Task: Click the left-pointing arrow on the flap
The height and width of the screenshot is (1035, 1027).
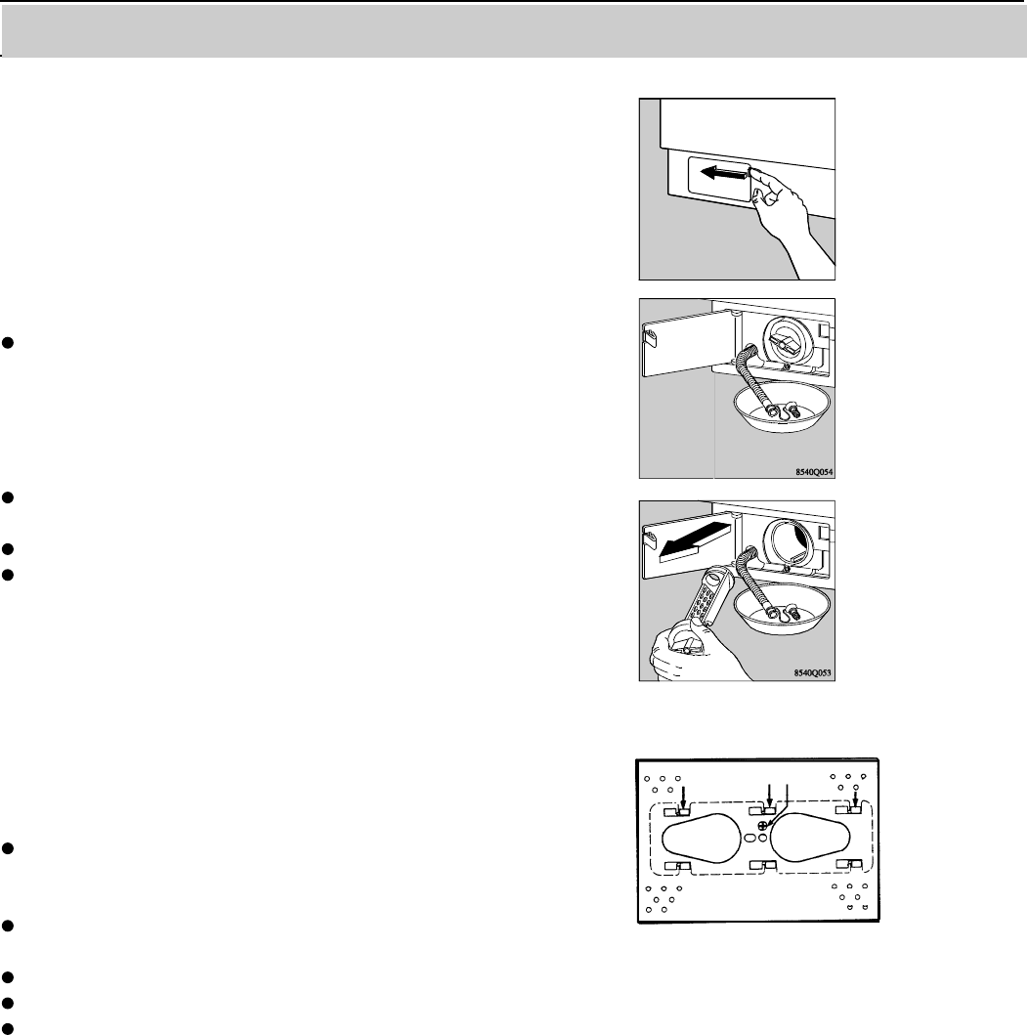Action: click(723, 175)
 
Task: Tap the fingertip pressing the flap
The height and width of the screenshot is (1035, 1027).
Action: click(754, 173)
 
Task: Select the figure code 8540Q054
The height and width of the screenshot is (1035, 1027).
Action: click(815, 472)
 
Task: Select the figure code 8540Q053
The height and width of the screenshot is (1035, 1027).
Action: click(813, 673)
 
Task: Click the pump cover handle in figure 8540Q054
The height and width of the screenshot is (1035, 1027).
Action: click(786, 343)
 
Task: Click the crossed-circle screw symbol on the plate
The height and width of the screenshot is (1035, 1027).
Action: click(763, 826)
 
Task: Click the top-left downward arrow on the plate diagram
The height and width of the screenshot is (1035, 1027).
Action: click(683, 797)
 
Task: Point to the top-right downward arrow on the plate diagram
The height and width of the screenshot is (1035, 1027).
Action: click(856, 797)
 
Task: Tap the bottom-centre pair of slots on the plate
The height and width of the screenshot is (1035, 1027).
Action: click(763, 865)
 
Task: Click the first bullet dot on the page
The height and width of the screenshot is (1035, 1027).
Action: click(8, 343)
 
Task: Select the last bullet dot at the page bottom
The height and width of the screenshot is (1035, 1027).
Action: click(8, 1028)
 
